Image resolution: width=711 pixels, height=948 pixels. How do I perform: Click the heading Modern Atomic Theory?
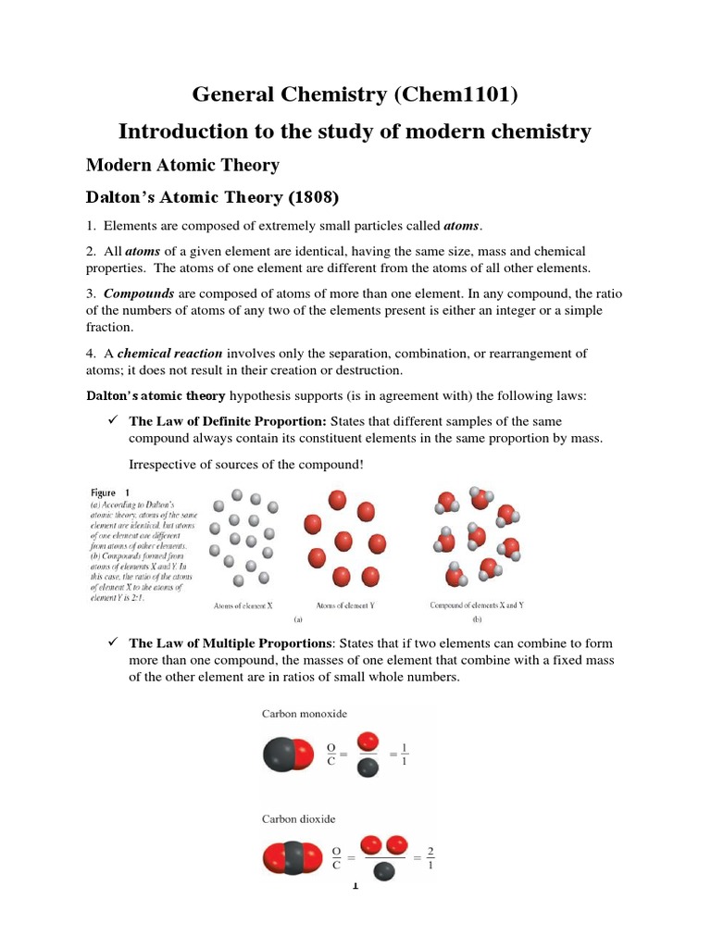[x=182, y=165]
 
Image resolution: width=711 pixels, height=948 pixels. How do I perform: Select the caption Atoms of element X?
[x=243, y=605]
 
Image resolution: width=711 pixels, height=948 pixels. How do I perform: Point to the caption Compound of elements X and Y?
[x=477, y=605]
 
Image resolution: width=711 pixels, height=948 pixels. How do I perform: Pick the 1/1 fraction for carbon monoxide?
[x=404, y=755]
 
